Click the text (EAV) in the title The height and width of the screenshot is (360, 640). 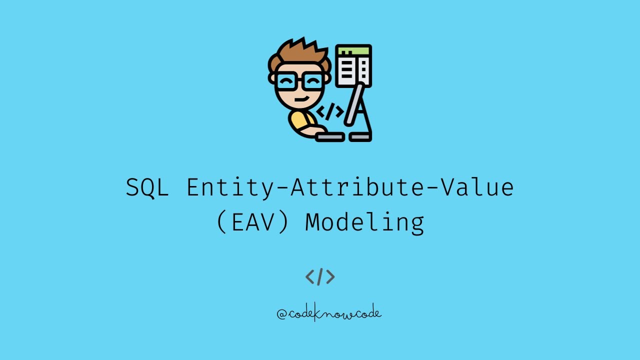[x=253, y=222]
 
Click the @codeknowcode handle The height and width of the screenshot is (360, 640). [x=329, y=313]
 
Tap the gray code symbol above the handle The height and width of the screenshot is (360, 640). [x=320, y=276]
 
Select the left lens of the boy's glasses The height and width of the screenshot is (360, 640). [x=286, y=80]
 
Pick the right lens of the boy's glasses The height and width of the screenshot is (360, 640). [x=313, y=80]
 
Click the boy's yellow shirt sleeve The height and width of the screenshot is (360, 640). [x=298, y=121]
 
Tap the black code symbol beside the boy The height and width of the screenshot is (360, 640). [x=330, y=112]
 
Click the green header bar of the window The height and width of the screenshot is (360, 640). [x=353, y=50]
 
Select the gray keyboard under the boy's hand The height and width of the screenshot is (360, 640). [x=329, y=136]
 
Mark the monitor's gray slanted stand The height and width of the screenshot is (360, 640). [x=356, y=107]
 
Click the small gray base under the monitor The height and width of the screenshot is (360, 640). [x=360, y=136]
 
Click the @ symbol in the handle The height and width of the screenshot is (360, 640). [x=281, y=314]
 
